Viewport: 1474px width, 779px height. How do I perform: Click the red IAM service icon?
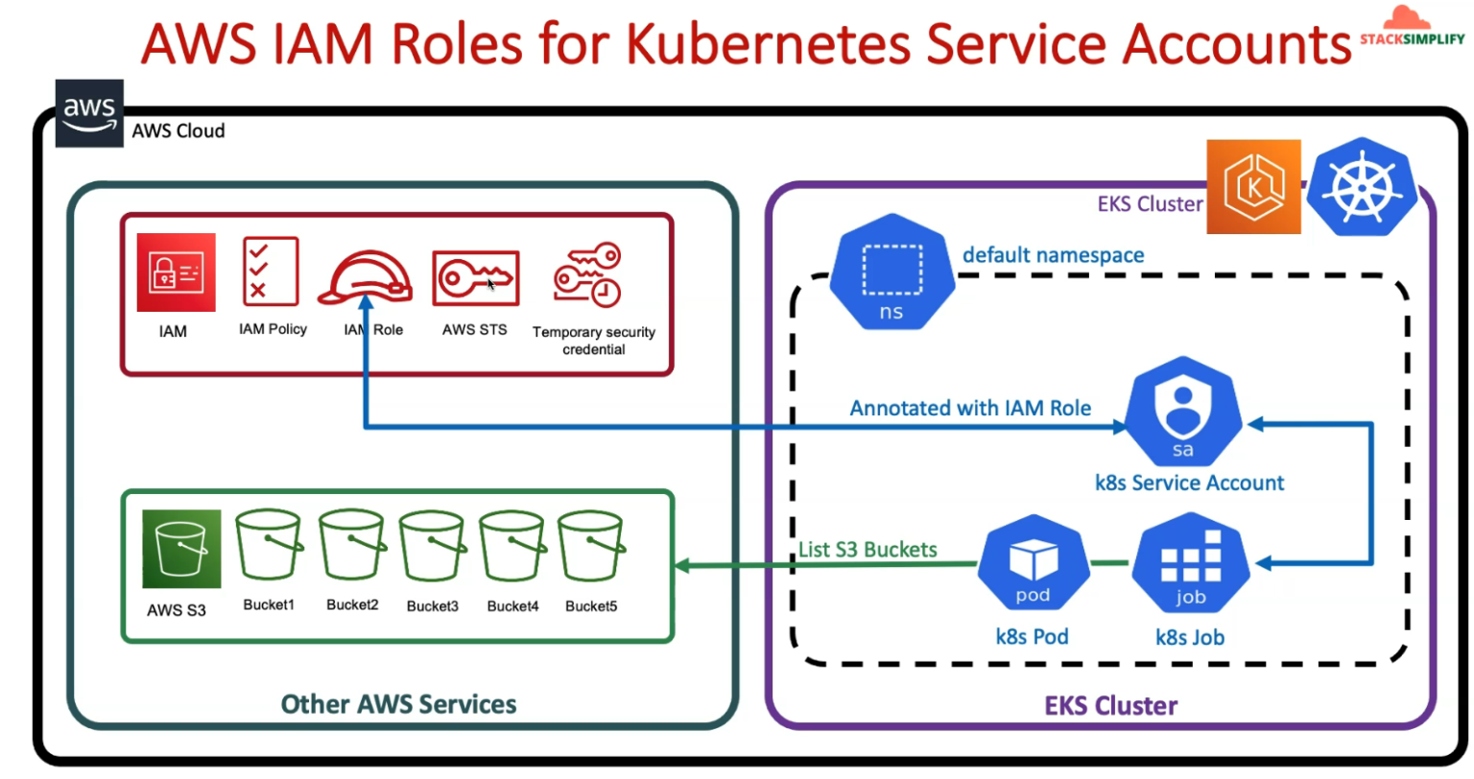pos(176,272)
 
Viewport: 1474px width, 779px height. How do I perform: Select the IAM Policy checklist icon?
pos(271,271)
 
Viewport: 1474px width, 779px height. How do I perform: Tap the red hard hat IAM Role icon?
pos(366,277)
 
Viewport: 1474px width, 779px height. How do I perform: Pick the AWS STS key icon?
pos(476,277)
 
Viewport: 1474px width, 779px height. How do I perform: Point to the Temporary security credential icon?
pos(587,275)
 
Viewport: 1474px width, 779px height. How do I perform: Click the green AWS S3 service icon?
pos(181,549)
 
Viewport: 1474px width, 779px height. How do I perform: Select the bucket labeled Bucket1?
pos(269,545)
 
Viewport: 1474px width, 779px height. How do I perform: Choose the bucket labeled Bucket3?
pos(433,546)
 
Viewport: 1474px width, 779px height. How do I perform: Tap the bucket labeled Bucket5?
pos(591,546)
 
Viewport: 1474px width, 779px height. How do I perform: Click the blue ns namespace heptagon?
pos(892,271)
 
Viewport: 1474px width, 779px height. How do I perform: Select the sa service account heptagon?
pos(1183,412)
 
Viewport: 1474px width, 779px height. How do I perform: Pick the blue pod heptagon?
pos(1034,563)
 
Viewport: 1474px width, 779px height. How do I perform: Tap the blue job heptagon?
pos(1190,563)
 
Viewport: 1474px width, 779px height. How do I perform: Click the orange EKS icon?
pos(1253,187)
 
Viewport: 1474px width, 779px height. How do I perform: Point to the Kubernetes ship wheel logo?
pos(1361,187)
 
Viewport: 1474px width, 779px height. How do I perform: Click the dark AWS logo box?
pos(89,113)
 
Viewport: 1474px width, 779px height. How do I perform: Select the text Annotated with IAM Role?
pos(970,408)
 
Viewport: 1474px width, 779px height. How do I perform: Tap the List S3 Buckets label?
pos(868,550)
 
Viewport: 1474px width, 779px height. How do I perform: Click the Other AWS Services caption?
pos(399,704)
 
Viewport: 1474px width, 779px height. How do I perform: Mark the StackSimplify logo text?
pos(1413,38)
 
